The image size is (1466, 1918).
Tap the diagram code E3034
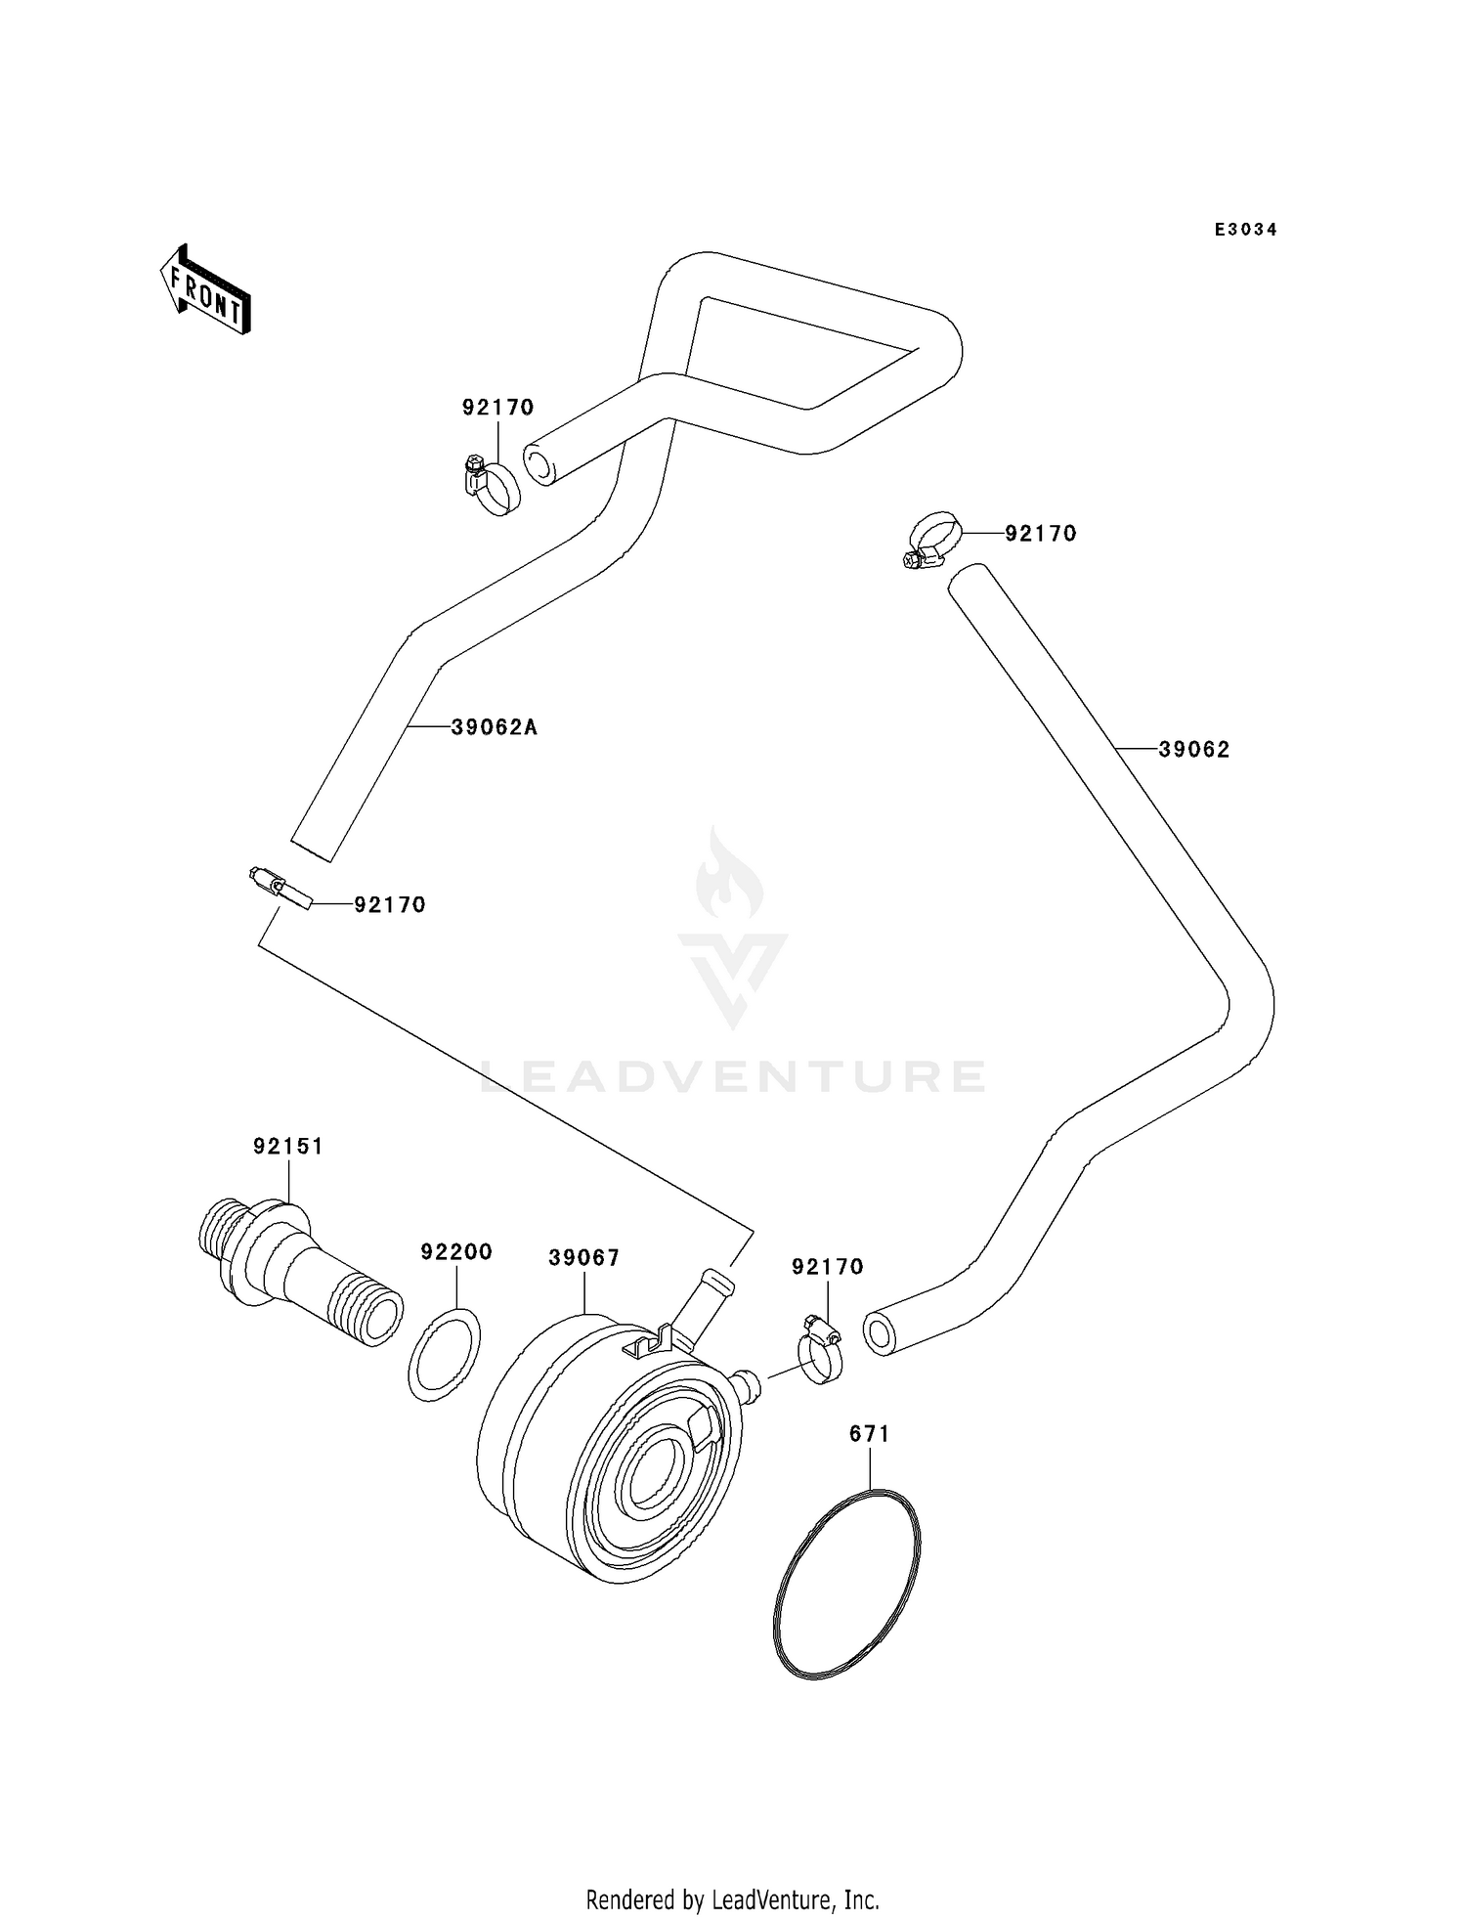(1245, 230)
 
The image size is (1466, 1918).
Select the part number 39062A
(495, 727)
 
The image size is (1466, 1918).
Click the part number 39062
(1194, 750)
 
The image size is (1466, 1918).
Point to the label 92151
(288, 1146)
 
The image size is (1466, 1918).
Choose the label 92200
(456, 1252)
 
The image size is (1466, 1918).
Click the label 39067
(583, 1258)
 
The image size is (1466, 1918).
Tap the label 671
(869, 1434)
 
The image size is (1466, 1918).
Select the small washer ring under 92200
(445, 1355)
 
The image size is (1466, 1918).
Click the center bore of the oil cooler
(651, 1476)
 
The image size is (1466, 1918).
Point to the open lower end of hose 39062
(881, 1334)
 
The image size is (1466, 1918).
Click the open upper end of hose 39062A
(539, 463)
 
